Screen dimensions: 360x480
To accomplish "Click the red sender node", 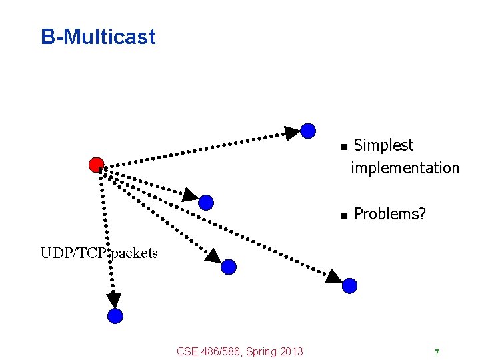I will point(96,165).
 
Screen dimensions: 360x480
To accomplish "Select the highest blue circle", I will point(308,131).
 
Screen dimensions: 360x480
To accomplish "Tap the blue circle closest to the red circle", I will point(206,202).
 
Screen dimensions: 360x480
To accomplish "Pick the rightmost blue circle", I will point(350,286).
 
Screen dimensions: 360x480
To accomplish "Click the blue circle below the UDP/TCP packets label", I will point(115,316).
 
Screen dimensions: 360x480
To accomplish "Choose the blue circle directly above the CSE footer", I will point(229,267).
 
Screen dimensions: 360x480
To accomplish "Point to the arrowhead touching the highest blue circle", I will point(292,133).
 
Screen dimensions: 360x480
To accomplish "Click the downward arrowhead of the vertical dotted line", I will point(114,300).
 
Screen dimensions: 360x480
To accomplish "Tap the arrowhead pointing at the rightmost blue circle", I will point(333,276).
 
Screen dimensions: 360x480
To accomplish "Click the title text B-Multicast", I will point(98,37).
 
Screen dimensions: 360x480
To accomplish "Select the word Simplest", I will point(383,145).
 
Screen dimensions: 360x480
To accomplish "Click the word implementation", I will point(405,168).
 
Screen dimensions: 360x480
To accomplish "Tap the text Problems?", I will point(390,214).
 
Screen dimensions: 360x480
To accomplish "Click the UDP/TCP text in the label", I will point(74,253).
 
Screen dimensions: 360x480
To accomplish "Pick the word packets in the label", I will point(135,253).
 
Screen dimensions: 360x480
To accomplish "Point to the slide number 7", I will point(436,352).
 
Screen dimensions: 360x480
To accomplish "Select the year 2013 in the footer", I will point(291,351).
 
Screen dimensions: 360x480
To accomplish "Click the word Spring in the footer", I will point(261,351).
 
